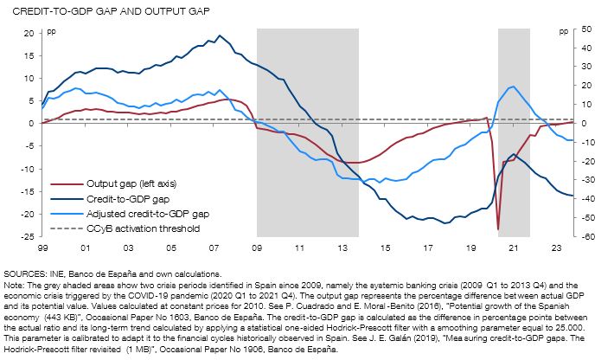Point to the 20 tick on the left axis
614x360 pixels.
[28, 33]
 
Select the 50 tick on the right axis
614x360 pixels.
[586, 29]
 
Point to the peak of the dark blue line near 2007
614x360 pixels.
[219, 35]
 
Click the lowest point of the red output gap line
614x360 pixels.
[498, 228]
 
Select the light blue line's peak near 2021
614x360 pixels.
[514, 87]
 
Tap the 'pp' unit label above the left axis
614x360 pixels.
[49, 31]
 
